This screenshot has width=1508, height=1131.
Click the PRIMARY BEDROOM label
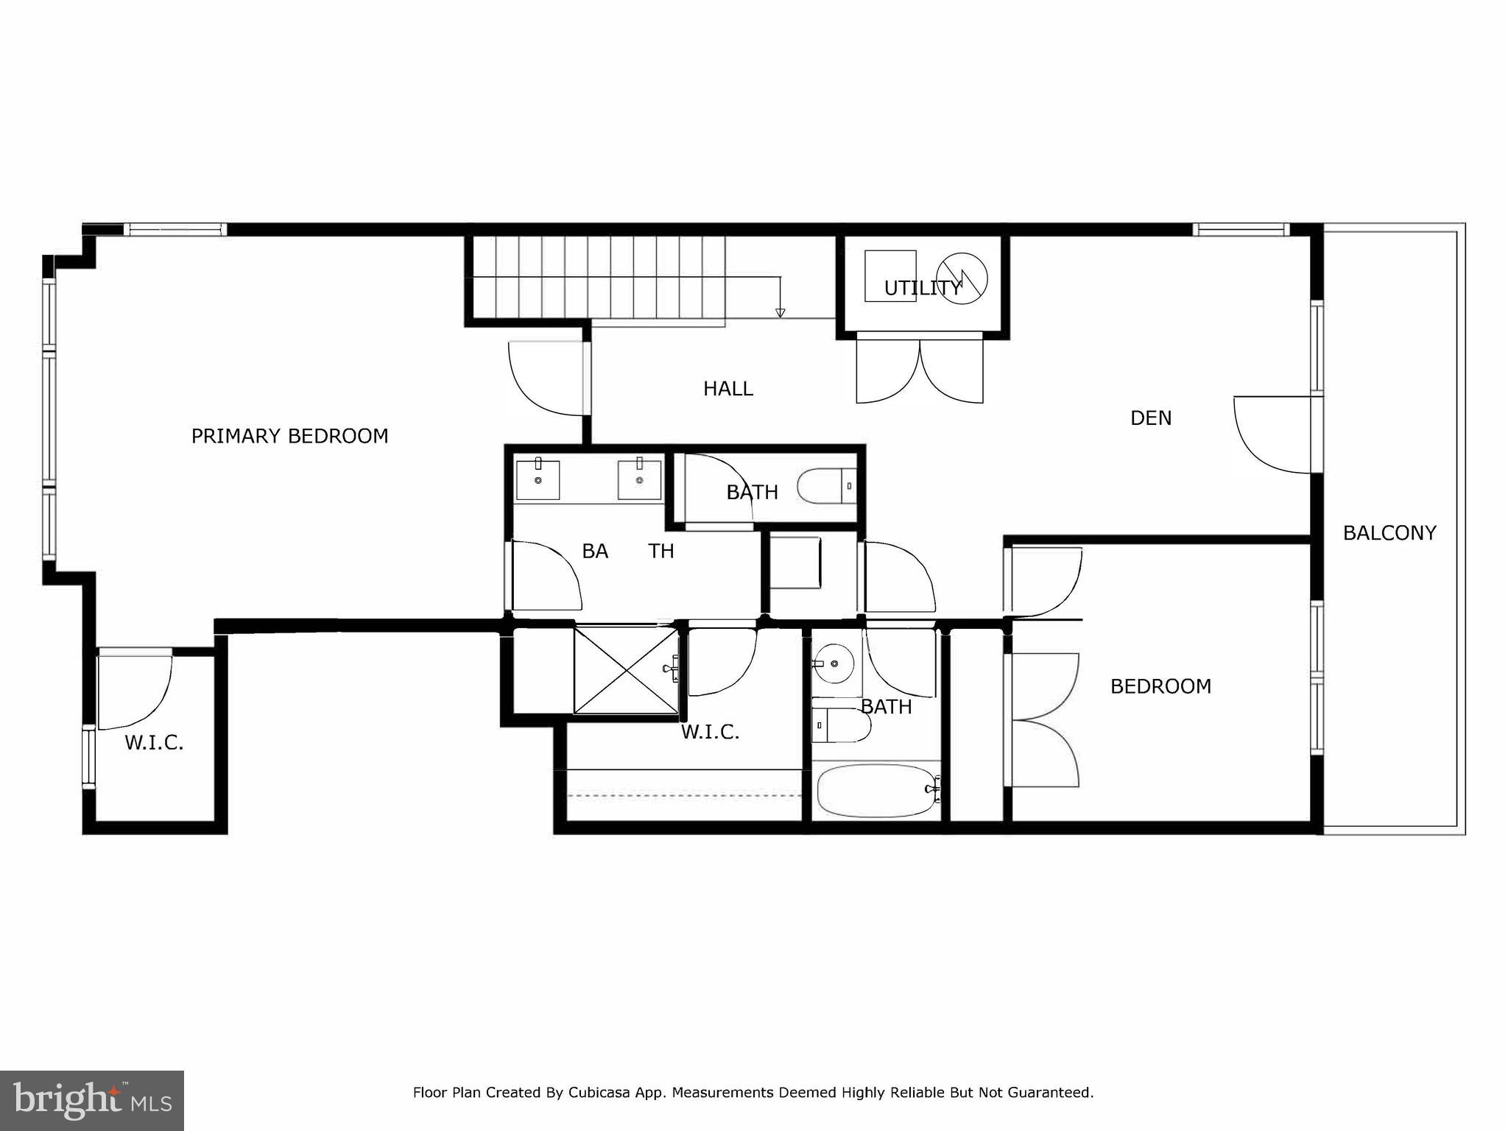click(x=289, y=436)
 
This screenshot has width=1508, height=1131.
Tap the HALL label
click(x=727, y=389)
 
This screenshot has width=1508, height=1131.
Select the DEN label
click(x=1150, y=418)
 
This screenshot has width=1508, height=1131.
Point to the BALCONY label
click(x=1389, y=533)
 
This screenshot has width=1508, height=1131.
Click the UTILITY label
click(x=923, y=289)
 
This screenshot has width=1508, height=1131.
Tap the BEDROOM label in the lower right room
click(x=1160, y=686)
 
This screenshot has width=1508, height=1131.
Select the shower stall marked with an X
click(x=626, y=669)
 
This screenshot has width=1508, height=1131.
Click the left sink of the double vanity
click(x=538, y=480)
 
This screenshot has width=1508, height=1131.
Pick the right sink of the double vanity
click(x=639, y=480)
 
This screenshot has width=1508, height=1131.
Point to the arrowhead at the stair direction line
click(x=781, y=313)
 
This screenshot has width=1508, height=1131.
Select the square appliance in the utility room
click(x=889, y=275)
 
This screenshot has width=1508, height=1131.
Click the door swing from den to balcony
click(x=1272, y=434)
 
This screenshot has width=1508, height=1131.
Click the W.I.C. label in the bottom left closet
click(x=154, y=743)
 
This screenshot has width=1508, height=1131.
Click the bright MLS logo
click(x=91, y=1101)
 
